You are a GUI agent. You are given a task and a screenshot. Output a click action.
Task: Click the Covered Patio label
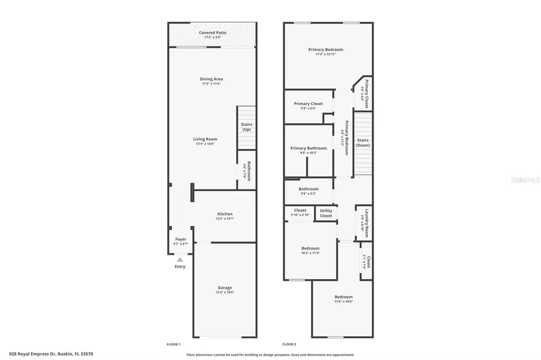[x=212, y=33]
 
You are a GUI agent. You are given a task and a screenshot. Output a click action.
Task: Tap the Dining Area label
[x=211, y=79]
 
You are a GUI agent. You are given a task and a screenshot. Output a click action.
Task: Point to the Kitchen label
[x=225, y=214]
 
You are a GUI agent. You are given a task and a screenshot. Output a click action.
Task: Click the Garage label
[x=225, y=288]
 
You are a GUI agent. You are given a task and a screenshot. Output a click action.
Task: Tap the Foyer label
[x=181, y=239]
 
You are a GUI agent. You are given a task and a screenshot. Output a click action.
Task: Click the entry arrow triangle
[x=180, y=259]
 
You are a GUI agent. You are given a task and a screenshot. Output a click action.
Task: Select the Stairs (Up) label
[x=246, y=127]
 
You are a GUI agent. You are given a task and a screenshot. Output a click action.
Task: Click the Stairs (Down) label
[x=362, y=143]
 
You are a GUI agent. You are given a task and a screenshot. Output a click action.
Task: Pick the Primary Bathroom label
[x=309, y=148]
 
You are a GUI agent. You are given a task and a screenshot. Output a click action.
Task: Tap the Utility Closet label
[x=326, y=213]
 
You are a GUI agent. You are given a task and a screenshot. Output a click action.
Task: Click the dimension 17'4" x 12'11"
[x=325, y=54]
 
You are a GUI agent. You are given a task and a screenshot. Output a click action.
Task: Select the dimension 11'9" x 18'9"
[x=343, y=302]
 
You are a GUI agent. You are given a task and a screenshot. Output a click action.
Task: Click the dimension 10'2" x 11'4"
[x=310, y=253]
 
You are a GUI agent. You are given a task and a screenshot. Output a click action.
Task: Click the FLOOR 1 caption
[x=173, y=344]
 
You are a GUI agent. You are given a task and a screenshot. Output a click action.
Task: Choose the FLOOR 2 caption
[x=289, y=344]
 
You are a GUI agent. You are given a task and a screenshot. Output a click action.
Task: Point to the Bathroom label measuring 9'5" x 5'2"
[x=309, y=189]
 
